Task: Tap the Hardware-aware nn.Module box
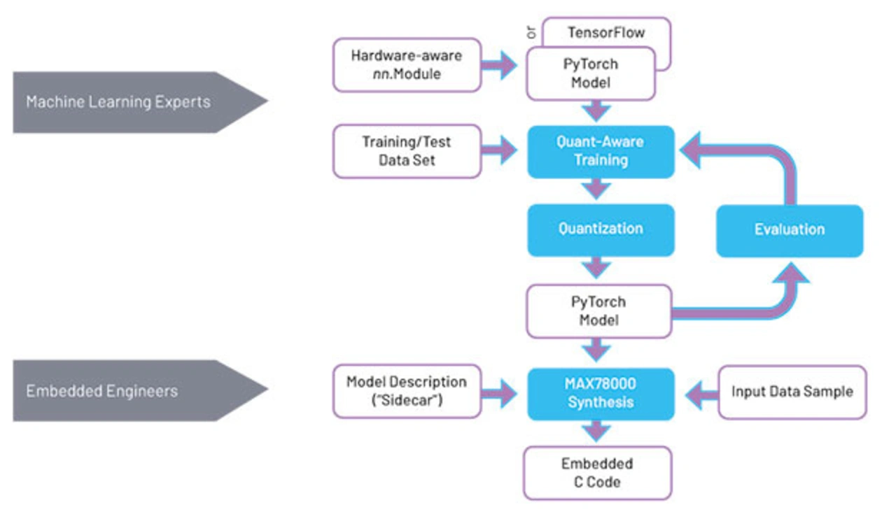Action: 407,64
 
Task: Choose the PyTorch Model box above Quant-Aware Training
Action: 591,73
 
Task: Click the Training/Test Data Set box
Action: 407,151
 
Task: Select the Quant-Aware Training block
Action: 601,151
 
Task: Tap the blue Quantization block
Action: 601,229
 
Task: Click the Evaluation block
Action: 790,229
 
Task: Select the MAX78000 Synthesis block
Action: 601,393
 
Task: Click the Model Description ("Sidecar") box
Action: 407,392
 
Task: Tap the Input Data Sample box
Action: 792,392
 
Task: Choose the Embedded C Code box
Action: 597,473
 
